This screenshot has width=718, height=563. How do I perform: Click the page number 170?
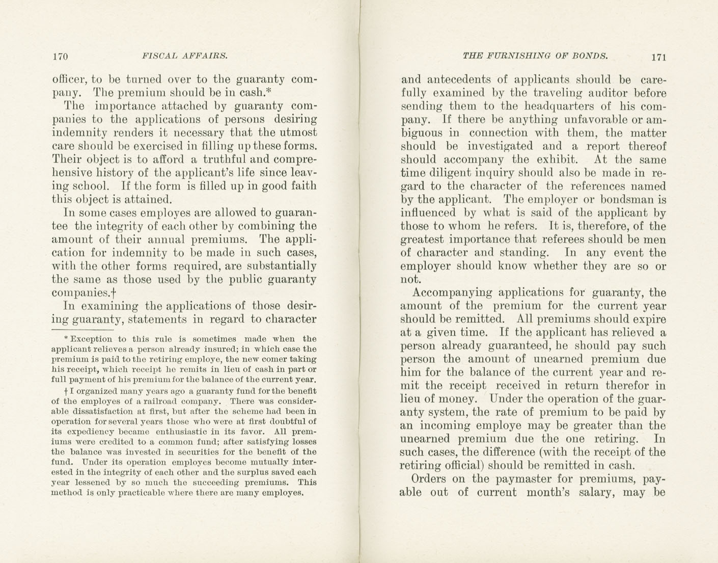[60, 57]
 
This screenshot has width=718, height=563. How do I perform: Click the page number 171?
[658, 57]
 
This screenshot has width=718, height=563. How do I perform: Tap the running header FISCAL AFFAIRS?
[185, 56]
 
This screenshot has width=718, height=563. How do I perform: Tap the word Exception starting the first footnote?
[91, 339]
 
